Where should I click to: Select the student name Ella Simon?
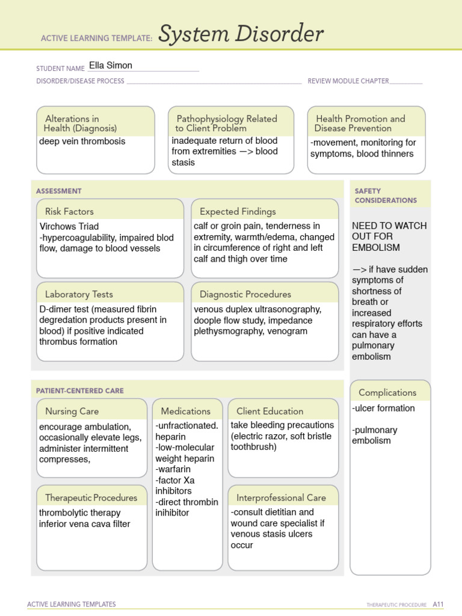click(x=111, y=66)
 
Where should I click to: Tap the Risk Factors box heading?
click(x=69, y=211)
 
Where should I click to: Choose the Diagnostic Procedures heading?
click(x=245, y=294)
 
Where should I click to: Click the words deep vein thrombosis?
click(x=82, y=141)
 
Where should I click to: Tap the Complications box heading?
click(x=387, y=392)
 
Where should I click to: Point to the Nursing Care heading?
click(x=72, y=411)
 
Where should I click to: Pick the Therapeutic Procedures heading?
click(x=91, y=497)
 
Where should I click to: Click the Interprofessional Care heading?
click(x=281, y=497)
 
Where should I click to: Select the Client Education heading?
click(x=269, y=411)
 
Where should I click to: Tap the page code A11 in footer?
click(x=437, y=604)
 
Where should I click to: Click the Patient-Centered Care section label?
click(x=80, y=390)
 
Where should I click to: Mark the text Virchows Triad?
click(x=69, y=227)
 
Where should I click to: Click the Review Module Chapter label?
click(x=348, y=81)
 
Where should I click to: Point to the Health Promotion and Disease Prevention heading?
click(x=360, y=123)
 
